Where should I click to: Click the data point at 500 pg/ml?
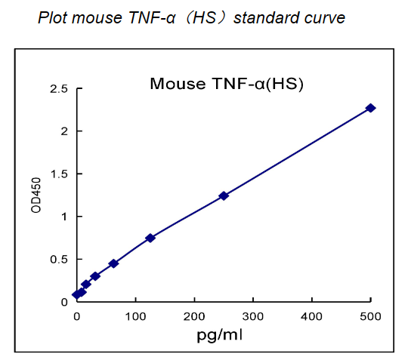370,108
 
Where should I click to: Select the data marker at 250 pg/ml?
224,195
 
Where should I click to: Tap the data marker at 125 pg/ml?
150,238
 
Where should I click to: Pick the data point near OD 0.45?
113,263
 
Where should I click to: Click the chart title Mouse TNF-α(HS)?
227,83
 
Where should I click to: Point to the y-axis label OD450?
36,195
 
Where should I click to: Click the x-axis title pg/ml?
219,333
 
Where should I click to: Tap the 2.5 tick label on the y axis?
58,89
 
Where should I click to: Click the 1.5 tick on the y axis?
58,174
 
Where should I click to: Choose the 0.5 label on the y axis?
58,259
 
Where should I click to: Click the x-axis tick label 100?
135,315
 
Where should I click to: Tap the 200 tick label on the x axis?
194,315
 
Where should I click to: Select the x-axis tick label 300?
253,315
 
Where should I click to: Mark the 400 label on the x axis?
312,315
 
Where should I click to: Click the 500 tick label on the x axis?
370,315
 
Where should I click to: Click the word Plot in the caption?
51,17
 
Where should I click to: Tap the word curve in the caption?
324,17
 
